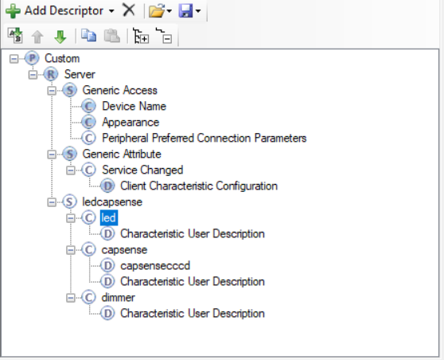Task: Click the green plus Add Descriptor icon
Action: (x=13, y=11)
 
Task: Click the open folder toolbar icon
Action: (x=158, y=11)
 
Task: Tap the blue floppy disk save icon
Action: (x=185, y=11)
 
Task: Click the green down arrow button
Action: (x=60, y=37)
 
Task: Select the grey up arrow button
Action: (x=37, y=37)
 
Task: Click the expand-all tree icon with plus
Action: (x=141, y=36)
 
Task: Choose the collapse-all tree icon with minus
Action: (x=164, y=36)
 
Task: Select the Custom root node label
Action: (x=62, y=58)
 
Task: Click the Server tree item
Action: (x=80, y=74)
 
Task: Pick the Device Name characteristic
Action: (x=134, y=106)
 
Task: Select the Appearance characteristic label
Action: (x=130, y=122)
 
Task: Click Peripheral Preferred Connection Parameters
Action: (x=204, y=138)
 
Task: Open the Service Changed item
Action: (x=142, y=170)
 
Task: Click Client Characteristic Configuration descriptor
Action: (x=199, y=186)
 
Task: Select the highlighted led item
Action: (x=109, y=217)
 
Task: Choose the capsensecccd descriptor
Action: (x=155, y=265)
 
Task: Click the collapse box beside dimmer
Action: (x=71, y=298)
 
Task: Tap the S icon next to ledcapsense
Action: (x=70, y=202)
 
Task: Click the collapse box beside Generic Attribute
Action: (x=52, y=155)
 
